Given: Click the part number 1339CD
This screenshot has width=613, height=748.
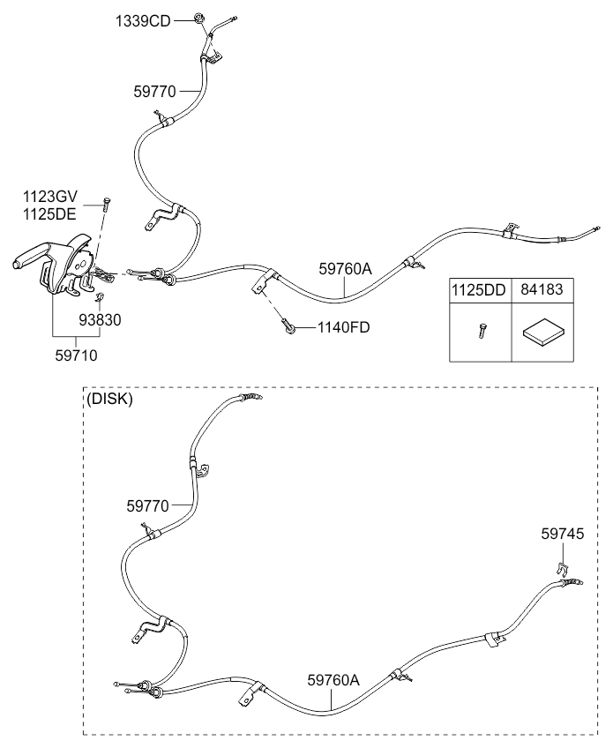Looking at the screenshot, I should tap(142, 20).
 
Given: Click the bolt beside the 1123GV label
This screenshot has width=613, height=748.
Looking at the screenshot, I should tap(105, 205).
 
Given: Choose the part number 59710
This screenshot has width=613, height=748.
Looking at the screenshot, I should tap(74, 356).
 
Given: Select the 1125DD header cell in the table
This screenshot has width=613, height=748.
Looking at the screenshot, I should tap(480, 288).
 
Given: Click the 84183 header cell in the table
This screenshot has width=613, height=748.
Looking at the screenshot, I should tap(542, 288).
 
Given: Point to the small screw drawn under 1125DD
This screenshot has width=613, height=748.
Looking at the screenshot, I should tap(481, 331).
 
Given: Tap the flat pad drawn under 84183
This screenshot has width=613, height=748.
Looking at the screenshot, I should tap(541, 334).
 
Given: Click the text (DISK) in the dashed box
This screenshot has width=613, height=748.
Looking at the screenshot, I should tap(109, 399).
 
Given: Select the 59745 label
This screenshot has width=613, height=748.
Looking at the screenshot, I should tap(562, 534).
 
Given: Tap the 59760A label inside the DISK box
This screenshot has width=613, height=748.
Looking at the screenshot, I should tap(333, 680).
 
